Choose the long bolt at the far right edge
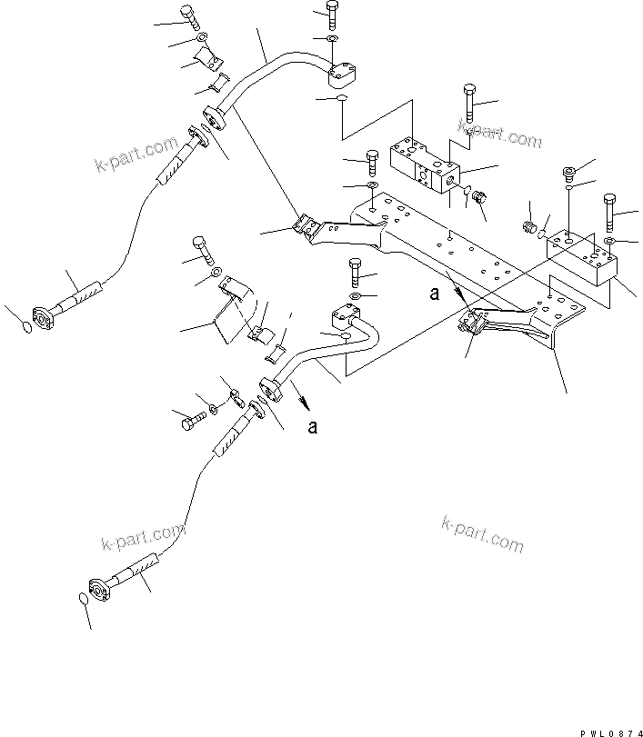pyautogui.click(x=608, y=211)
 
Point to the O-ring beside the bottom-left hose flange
pyautogui.click(x=84, y=600)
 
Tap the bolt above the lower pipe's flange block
pyautogui.click(x=355, y=272)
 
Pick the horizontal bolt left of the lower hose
pyautogui.click(x=189, y=420)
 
